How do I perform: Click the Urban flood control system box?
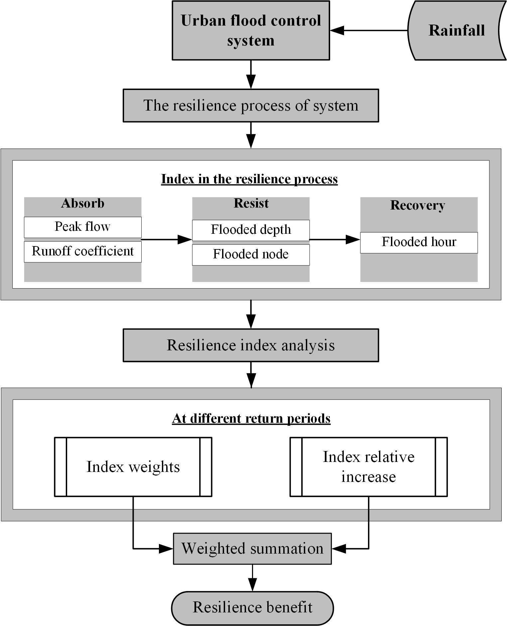251,30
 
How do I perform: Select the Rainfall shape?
457,30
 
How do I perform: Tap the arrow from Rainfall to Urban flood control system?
369,31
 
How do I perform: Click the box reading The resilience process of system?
251,105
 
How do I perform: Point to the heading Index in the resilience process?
249,179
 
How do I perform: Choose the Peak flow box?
83,227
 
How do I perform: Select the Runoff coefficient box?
83,252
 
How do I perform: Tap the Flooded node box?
251,255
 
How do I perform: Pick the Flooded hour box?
419,242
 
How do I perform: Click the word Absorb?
83,203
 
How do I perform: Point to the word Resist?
251,203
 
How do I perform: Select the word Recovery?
418,206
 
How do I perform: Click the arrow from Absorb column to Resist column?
167,239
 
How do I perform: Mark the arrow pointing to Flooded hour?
335,239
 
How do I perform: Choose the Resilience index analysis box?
251,345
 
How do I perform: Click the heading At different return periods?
251,418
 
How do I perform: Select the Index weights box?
133,467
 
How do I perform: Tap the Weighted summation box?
252,549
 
